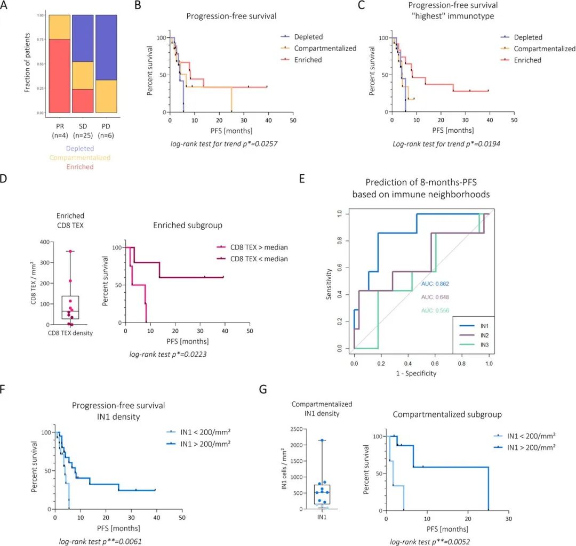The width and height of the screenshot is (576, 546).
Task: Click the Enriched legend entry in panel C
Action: click(x=527, y=60)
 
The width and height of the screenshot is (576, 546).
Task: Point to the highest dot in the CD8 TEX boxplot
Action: click(x=69, y=251)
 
